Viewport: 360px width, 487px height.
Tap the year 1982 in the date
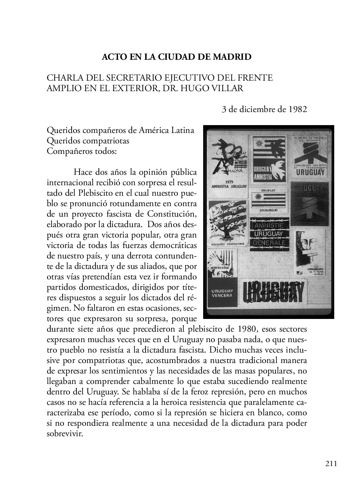point(298,109)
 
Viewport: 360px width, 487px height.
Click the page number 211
point(331,464)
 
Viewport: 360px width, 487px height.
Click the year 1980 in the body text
point(246,329)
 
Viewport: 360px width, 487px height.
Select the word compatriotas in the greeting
point(106,141)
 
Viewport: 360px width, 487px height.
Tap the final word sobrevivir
point(64,434)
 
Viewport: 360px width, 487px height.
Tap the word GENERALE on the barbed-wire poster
point(269,242)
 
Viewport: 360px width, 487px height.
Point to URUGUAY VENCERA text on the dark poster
point(222,293)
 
